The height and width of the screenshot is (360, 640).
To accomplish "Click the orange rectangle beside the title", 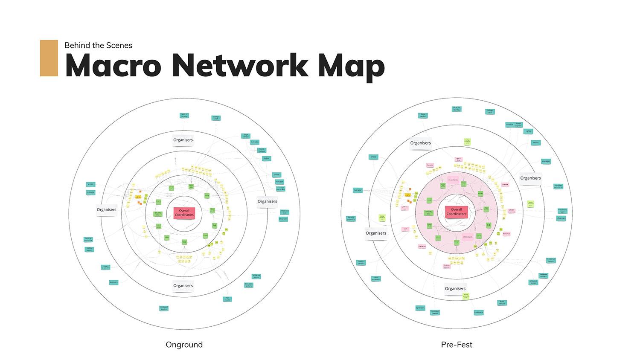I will click(49, 58).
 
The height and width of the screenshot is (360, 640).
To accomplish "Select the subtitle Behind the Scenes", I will click(98, 45).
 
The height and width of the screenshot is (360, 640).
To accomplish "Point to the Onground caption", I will click(184, 345).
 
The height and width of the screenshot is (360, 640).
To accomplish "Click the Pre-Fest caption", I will click(457, 345).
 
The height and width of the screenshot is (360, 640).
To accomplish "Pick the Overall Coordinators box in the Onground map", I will click(184, 212).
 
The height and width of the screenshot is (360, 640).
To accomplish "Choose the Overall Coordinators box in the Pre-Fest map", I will click(456, 212).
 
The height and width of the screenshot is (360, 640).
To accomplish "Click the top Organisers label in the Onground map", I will click(183, 140).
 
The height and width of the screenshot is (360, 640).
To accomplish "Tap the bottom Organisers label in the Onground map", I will click(183, 286).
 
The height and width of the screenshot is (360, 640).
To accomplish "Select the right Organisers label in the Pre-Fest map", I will click(530, 178).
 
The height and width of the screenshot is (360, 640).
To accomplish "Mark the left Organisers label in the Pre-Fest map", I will click(376, 233).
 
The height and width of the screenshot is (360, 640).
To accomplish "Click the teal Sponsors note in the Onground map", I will click(113, 282).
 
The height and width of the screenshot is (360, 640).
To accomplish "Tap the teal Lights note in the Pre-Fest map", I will click(528, 131).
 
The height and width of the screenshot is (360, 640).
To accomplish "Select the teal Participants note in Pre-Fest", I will click(479, 313).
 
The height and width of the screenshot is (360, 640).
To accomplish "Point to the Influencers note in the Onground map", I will click(283, 219).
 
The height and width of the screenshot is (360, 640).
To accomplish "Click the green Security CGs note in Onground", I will click(157, 213).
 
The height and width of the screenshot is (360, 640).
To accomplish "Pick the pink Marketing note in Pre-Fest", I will click(422, 246).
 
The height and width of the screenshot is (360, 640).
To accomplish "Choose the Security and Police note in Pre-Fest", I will click(351, 218).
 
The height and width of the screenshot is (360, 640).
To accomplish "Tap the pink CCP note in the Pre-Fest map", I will click(405, 229).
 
